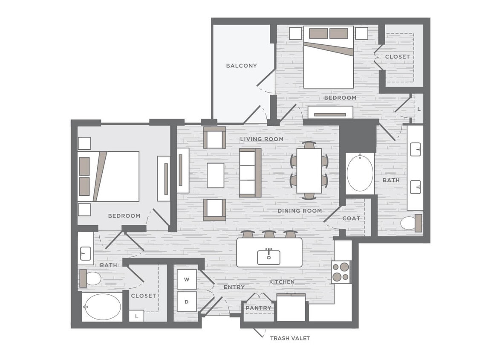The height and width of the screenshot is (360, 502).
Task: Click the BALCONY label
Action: (x=241, y=66)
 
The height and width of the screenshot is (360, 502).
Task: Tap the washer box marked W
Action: (x=187, y=279)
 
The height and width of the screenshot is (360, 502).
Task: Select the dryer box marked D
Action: (x=187, y=302)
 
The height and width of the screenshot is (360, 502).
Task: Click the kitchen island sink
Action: (x=269, y=257)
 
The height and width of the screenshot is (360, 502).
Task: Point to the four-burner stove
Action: (x=341, y=272)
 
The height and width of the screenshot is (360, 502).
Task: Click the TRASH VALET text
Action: (x=290, y=338)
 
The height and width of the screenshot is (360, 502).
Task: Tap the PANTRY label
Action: (x=258, y=308)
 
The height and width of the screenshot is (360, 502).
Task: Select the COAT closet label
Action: (x=352, y=218)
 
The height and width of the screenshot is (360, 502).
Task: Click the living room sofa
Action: (x=250, y=173)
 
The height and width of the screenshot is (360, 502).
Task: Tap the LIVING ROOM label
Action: (x=262, y=139)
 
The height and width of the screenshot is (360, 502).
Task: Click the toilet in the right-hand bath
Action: (x=410, y=223)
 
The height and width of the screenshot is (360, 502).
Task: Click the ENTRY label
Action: (x=234, y=287)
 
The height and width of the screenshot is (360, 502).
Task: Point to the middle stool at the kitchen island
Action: (x=268, y=235)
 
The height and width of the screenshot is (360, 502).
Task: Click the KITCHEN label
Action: (x=282, y=282)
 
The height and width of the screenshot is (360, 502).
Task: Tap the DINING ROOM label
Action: (x=300, y=211)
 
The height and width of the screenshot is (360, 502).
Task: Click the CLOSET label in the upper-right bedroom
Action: (x=397, y=57)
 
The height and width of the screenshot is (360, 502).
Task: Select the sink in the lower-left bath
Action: (x=85, y=253)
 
